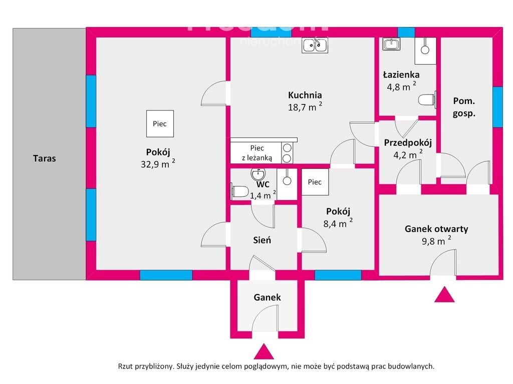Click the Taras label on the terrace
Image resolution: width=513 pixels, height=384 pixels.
45,158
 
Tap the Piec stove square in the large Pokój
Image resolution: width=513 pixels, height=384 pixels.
160,123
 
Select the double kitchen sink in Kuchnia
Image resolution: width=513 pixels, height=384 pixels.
315,45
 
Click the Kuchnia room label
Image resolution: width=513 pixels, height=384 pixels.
305,95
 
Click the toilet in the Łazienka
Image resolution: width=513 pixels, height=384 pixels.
427,99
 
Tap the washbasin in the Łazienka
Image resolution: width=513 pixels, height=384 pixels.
391,44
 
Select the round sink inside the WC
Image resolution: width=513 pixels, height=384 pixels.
258,174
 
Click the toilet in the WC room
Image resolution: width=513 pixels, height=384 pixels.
239,190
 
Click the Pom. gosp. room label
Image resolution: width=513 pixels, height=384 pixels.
464,106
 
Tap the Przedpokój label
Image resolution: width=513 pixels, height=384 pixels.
408,142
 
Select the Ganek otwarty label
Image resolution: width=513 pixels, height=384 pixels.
436,229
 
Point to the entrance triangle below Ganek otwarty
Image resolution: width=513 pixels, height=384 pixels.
444,295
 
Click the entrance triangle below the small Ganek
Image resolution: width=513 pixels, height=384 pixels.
264,351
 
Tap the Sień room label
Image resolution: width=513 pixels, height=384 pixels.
262,240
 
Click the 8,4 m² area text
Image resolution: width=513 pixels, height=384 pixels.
338,223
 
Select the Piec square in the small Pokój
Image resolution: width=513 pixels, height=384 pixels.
315,182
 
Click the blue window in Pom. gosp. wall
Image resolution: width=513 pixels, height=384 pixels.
497,106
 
